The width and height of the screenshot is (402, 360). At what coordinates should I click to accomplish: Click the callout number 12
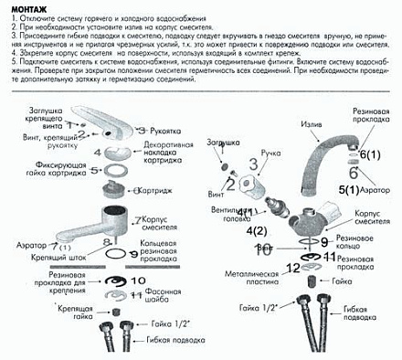click(291, 268)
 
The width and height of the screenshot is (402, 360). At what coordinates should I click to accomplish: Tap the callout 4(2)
click(258, 231)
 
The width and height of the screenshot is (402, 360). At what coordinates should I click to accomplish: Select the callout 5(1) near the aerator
click(348, 189)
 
